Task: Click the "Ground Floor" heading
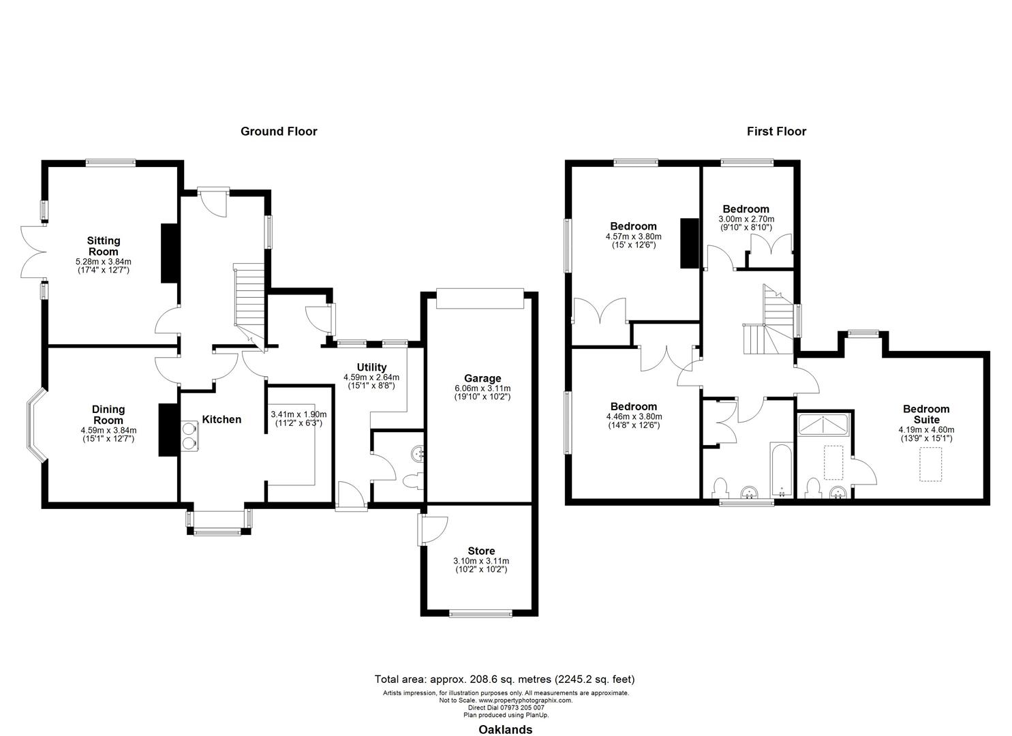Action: click(x=279, y=132)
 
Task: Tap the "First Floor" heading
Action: click(x=776, y=132)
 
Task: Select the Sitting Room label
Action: click(x=103, y=245)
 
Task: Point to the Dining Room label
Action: click(x=108, y=414)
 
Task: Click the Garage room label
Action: click(x=482, y=378)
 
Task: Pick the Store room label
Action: click(x=481, y=551)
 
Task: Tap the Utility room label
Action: click(x=371, y=367)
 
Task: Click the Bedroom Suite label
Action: click(x=926, y=414)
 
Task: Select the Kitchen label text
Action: click(x=222, y=419)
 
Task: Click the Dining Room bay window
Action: click(x=36, y=427)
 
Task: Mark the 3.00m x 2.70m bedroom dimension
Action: click(x=746, y=219)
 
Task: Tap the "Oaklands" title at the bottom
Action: click(x=505, y=729)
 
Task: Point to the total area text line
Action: click(x=505, y=679)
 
